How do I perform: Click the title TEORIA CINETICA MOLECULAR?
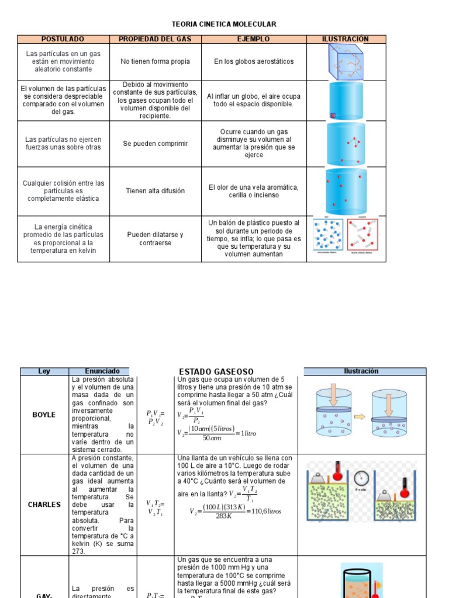pos(224,24)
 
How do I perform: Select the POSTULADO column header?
pos(63,39)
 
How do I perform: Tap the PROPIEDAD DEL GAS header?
pos(156,39)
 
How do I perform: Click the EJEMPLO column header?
pos(253,39)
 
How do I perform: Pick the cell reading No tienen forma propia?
pos(156,61)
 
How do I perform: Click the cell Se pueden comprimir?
pos(156,144)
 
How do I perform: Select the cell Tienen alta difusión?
pos(156,191)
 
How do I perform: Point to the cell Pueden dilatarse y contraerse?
pos(156,238)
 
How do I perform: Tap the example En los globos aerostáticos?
pos(254,61)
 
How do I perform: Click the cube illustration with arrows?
pos(346,61)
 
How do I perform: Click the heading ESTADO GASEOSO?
pos(216,371)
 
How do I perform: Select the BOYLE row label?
pos(44,415)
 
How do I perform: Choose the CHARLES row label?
pos(44,505)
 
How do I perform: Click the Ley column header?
pos(44,371)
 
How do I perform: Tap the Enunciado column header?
pos(102,371)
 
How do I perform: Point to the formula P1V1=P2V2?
pos(156,417)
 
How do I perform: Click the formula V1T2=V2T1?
pos(156,508)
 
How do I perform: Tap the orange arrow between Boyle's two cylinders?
pos(358,417)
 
